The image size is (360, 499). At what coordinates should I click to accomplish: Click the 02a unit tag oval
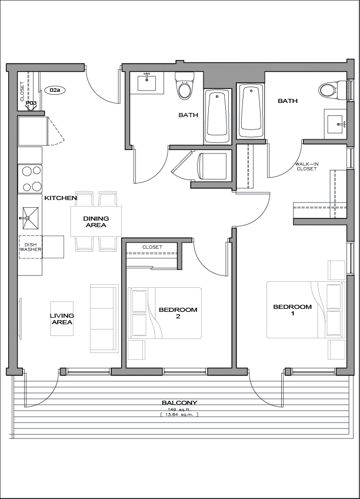point(55,91)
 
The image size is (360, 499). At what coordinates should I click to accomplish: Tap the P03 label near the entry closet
point(31,103)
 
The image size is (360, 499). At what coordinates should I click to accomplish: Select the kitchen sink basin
point(31,218)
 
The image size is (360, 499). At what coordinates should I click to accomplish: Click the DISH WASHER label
point(31,247)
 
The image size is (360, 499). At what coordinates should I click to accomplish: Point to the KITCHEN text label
point(61,198)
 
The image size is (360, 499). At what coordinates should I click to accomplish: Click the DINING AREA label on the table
point(96,221)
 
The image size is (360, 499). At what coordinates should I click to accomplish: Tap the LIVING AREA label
point(62,318)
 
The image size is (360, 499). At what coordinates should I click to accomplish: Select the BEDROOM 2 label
point(178,312)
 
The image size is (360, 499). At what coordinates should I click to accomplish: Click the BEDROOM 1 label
point(292,310)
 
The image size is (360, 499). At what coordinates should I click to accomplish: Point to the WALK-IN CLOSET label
point(306,167)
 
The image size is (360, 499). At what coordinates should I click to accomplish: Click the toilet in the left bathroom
point(184,86)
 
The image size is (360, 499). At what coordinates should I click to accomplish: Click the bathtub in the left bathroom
point(217,116)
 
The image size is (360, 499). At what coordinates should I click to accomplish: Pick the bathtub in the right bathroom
point(251,111)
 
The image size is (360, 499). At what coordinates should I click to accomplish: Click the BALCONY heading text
point(179,402)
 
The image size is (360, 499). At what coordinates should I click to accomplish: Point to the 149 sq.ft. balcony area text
point(179,410)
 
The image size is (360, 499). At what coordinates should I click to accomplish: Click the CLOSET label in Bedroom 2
point(152,247)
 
